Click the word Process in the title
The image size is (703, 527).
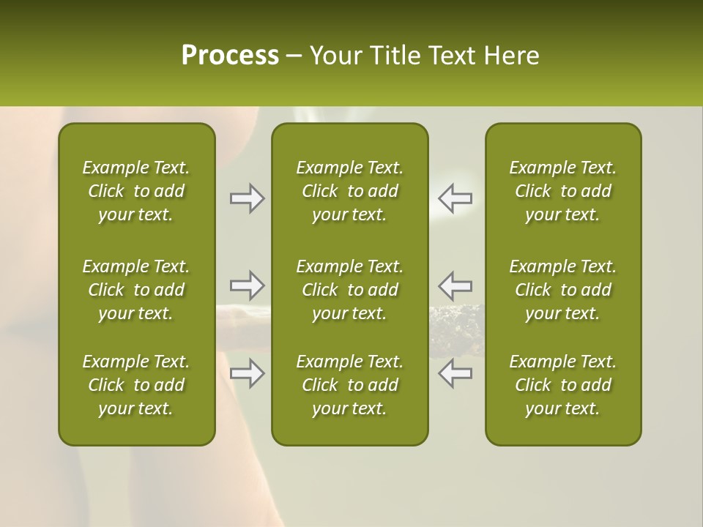[x=230, y=56]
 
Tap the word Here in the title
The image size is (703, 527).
[x=511, y=56]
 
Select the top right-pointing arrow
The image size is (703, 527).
[x=247, y=198]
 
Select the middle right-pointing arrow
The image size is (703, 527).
[x=247, y=285]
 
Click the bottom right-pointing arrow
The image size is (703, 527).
[x=247, y=373]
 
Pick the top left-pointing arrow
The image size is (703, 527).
[x=455, y=198]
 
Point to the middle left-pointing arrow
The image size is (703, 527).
[x=455, y=285]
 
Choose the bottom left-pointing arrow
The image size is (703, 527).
[x=455, y=373]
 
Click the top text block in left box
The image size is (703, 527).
[x=136, y=191]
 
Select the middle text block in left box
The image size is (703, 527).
[x=136, y=290]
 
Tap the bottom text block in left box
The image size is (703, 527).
[x=136, y=385]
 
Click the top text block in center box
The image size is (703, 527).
[x=349, y=191]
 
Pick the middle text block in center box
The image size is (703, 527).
[x=349, y=290]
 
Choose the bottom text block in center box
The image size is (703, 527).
[x=349, y=385]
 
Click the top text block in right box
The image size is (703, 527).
[x=562, y=191]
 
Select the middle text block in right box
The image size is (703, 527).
[x=562, y=290]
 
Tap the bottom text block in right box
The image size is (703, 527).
[x=562, y=385]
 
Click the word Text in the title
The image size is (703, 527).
[x=451, y=56]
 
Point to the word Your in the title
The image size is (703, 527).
[x=333, y=56]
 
